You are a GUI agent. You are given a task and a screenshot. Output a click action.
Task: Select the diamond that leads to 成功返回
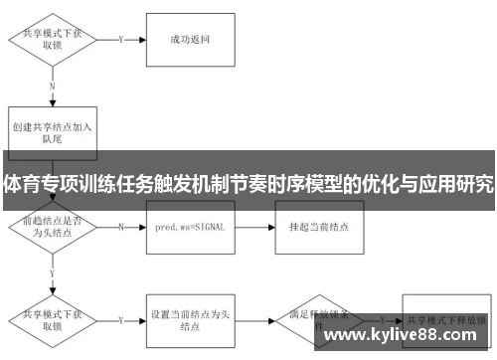(52, 40)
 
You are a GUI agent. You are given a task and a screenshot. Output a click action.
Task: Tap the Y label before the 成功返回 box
(119, 40)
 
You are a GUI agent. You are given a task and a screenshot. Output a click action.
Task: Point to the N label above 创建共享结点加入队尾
(52, 87)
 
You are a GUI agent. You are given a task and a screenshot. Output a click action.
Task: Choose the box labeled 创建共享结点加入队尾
(52, 133)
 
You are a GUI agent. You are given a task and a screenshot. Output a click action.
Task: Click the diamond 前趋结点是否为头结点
(52, 228)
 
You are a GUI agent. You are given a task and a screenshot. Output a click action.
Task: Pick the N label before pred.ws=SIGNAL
(120, 227)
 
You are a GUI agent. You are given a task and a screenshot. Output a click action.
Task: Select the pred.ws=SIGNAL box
(190, 227)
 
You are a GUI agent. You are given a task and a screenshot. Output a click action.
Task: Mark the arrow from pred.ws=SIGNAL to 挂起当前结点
(254, 227)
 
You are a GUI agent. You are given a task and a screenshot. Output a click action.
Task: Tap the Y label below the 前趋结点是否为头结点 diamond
(52, 271)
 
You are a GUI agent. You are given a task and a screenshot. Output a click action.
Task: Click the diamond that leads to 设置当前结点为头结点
(52, 319)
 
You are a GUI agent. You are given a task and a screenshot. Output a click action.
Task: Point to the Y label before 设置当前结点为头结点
(120, 320)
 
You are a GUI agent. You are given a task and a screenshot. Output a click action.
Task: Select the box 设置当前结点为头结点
(190, 319)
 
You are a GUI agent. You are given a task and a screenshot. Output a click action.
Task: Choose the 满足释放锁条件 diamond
(318, 319)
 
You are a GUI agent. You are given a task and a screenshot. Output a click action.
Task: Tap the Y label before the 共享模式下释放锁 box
(379, 320)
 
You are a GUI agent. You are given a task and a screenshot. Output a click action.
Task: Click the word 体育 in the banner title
(20, 185)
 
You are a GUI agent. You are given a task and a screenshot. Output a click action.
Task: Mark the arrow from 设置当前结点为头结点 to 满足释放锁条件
(254, 320)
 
